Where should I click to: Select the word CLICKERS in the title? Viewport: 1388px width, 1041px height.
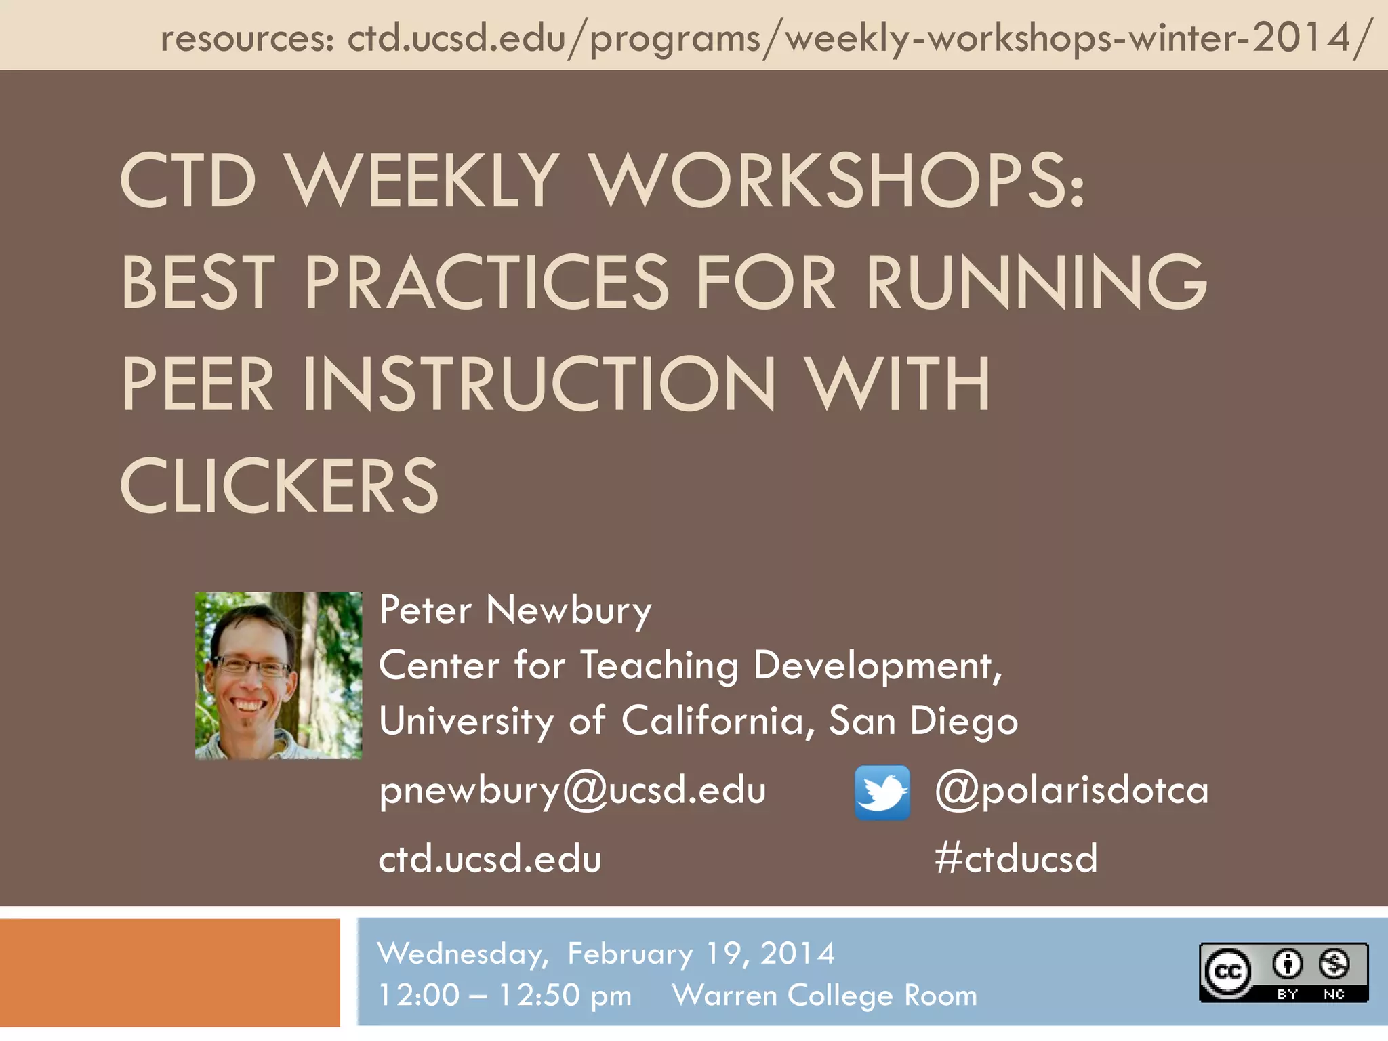279,485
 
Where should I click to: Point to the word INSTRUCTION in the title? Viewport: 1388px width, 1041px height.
539,384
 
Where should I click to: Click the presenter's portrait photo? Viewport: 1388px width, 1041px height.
279,675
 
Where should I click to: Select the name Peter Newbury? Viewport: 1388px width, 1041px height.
515,610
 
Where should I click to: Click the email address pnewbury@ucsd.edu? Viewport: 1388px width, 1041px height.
573,790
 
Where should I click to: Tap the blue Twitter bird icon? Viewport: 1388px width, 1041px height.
882,792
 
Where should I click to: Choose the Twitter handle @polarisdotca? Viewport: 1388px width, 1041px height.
1071,790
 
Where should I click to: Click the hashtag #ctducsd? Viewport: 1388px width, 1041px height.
1015,858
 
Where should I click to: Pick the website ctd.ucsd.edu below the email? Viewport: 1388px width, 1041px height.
490,859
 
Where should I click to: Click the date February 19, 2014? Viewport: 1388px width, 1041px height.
701,954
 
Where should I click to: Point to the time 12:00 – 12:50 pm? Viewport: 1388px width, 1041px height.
505,996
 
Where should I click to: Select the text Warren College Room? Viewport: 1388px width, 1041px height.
824,996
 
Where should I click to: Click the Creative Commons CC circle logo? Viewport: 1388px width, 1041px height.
1227,973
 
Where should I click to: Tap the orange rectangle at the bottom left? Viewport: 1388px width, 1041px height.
169,973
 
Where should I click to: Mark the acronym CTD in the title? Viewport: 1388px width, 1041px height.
188,180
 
